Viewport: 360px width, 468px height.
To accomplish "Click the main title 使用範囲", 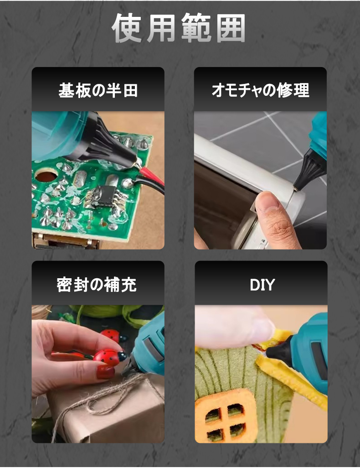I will pyautogui.click(x=179, y=28).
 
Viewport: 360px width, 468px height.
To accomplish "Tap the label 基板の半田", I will pyautogui.click(x=98, y=90).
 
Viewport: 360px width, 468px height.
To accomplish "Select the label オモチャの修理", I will pyautogui.click(x=260, y=90).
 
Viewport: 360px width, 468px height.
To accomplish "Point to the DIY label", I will pyautogui.click(x=262, y=285).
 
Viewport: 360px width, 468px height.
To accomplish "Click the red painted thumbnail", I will pyautogui.click(x=105, y=372).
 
